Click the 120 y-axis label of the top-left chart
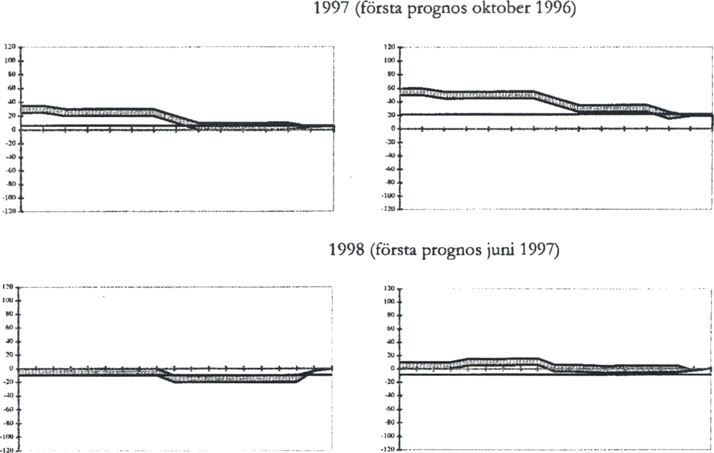[x=10, y=48]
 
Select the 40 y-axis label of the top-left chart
[x=11, y=102]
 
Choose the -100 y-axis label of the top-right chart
[x=388, y=196]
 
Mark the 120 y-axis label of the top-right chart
[x=390, y=47]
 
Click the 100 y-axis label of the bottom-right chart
[x=390, y=302]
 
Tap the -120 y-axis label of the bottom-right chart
[x=388, y=450]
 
